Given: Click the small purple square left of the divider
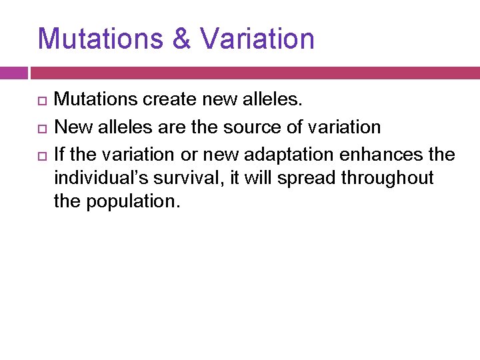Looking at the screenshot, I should click(x=13, y=73).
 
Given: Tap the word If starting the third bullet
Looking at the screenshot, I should click(x=59, y=155).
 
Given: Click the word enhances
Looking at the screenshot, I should click(x=394, y=155).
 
